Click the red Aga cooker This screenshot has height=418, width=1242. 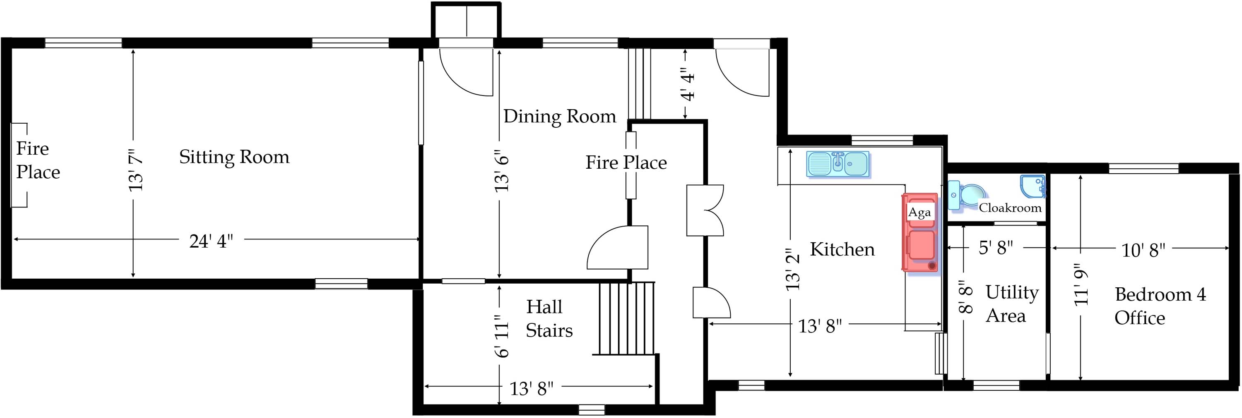[920, 233]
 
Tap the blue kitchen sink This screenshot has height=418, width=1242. [838, 164]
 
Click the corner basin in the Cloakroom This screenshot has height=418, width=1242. [1032, 186]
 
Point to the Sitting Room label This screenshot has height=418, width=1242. [234, 157]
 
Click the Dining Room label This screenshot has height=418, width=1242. [559, 117]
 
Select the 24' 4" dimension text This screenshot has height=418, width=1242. [211, 241]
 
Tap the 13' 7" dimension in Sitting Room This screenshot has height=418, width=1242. [135, 170]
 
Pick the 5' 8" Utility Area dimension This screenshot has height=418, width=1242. [996, 248]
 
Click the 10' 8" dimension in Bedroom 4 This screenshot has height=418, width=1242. [1143, 251]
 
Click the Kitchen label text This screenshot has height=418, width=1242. [842, 249]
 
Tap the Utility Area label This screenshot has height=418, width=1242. [1011, 304]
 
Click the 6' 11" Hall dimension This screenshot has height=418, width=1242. [501, 336]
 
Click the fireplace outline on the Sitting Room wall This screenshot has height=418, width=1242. [19, 165]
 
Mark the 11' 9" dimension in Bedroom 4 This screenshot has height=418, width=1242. [1081, 287]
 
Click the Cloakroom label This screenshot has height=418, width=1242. [1010, 208]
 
